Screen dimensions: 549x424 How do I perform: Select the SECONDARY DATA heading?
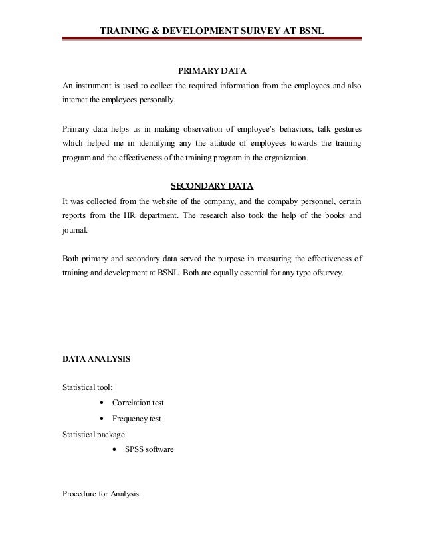[212, 185]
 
